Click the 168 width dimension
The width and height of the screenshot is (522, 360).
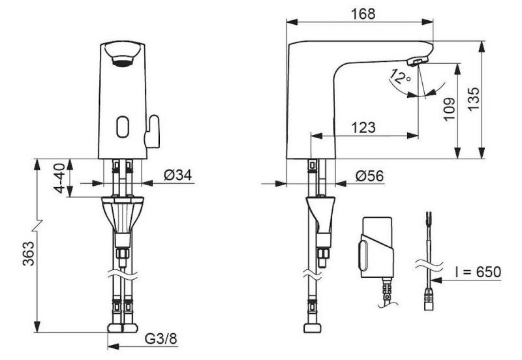pos(361,13)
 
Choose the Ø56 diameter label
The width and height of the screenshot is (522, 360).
pos(369,175)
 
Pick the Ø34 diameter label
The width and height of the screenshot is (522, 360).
pos(176,175)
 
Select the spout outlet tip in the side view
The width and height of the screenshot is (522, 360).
pos(416,61)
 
